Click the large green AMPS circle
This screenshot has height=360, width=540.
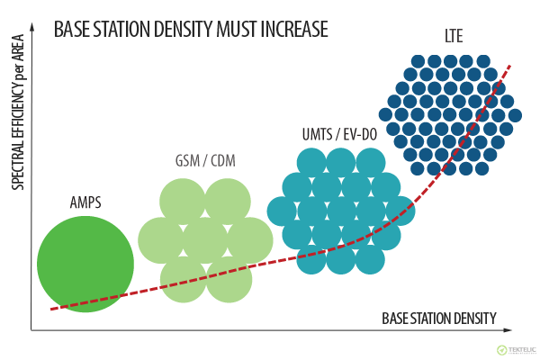click(85, 264)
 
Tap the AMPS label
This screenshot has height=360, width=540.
click(85, 202)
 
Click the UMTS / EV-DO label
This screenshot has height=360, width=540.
click(339, 135)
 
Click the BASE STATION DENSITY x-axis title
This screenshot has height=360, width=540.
click(438, 319)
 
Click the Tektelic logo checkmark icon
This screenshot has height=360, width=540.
click(502, 350)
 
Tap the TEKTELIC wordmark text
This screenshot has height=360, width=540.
click(521, 348)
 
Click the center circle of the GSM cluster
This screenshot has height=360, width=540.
click(205, 240)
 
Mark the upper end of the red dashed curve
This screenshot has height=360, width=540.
click(511, 66)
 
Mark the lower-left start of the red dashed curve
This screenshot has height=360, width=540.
click(51, 310)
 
